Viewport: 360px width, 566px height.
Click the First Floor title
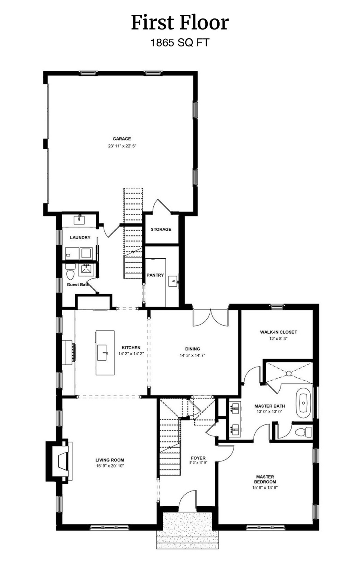click(180, 23)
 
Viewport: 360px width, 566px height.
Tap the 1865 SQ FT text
click(180, 43)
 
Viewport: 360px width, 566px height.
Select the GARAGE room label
click(122, 139)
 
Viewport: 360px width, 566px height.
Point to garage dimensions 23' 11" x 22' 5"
click(122, 146)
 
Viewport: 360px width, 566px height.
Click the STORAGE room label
click(161, 229)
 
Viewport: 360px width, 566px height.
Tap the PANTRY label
click(155, 275)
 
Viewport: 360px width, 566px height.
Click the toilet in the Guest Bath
click(70, 273)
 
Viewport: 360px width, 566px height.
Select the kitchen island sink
click(103, 353)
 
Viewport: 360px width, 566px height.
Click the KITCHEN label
click(131, 347)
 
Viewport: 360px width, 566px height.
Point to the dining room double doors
click(210, 318)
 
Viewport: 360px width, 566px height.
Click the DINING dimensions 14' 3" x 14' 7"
click(192, 356)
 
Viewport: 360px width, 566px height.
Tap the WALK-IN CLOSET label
click(278, 332)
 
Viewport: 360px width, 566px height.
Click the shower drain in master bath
click(289, 374)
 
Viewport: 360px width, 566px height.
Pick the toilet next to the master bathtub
click(304, 432)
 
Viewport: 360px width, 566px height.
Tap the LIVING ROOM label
click(109, 460)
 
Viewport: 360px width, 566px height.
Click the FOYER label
click(198, 458)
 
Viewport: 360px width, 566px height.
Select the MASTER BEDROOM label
click(265, 479)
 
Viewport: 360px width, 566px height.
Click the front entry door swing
click(187, 502)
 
